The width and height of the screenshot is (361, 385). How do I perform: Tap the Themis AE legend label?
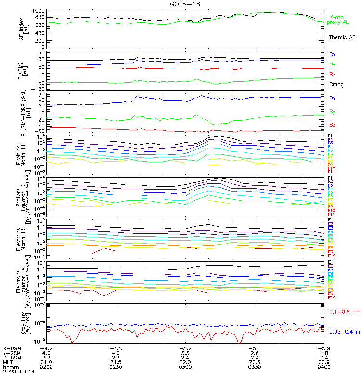[342, 37]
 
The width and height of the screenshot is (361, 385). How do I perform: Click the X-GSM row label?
[12, 348]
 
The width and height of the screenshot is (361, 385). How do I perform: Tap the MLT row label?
[8, 362]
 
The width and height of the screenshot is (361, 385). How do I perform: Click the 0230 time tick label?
[116, 367]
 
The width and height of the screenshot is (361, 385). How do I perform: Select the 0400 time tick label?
[323, 367]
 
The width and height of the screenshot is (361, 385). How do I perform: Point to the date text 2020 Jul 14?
[16, 372]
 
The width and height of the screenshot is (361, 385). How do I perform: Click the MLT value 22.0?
[185, 362]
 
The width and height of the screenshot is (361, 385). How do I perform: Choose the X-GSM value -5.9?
[323, 348]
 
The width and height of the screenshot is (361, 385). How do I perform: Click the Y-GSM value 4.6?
[46, 353]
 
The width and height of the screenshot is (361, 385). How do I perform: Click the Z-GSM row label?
[12, 358]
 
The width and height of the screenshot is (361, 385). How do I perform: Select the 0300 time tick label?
[185, 367]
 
